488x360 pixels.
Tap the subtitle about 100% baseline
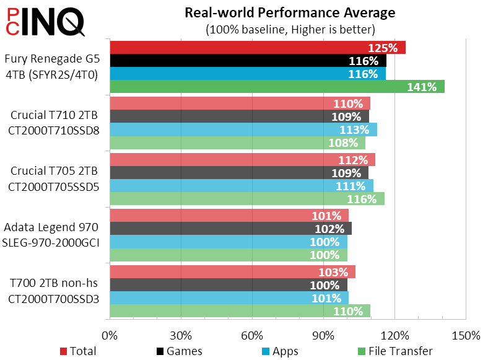pyautogui.click(x=290, y=29)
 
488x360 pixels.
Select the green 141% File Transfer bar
pyautogui.click(x=277, y=87)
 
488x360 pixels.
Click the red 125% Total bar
pyautogui.click(x=257, y=48)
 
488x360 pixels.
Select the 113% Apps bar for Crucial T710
pyautogui.click(x=243, y=130)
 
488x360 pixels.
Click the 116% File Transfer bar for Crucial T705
pyautogui.click(x=246, y=199)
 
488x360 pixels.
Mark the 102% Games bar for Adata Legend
pyautogui.click(x=230, y=229)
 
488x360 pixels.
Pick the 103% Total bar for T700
pyautogui.click(x=232, y=272)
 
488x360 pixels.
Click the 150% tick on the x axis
pyautogui.click(x=466, y=336)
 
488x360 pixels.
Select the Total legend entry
pyautogui.click(x=78, y=351)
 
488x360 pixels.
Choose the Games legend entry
pyautogui.click(x=180, y=351)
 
